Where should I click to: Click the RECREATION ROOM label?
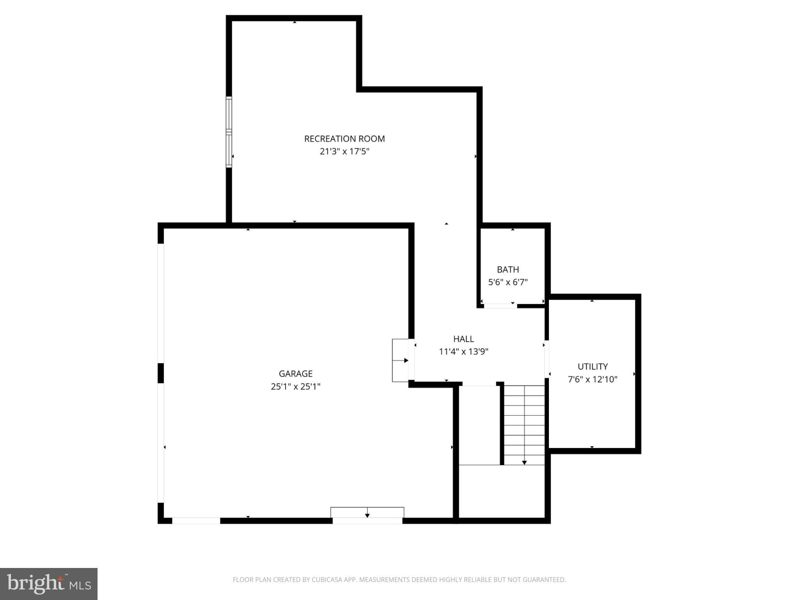(x=344, y=139)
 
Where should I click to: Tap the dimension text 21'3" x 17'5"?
(x=344, y=152)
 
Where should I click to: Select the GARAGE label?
(x=296, y=374)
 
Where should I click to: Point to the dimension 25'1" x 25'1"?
(x=296, y=387)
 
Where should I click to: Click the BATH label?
(x=508, y=270)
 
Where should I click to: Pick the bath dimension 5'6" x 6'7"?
(x=508, y=282)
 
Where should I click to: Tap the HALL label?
(x=463, y=339)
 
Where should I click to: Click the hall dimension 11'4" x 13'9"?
(x=463, y=352)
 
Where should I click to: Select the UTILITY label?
(x=593, y=366)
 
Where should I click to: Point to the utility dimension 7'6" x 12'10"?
(x=593, y=379)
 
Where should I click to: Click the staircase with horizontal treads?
(x=524, y=425)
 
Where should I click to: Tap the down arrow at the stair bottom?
(x=524, y=462)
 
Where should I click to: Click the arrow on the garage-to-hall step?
(x=401, y=361)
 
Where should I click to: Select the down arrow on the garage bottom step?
(x=367, y=512)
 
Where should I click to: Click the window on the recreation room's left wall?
(x=229, y=132)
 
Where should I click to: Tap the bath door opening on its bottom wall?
(x=501, y=306)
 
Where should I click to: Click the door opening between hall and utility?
(x=547, y=359)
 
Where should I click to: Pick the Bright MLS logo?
(x=49, y=584)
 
